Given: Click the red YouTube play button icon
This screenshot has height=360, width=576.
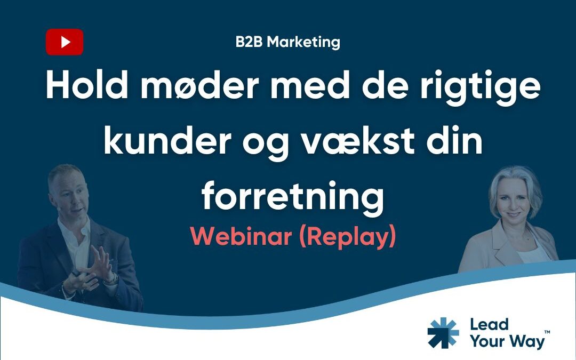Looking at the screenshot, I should (x=65, y=42).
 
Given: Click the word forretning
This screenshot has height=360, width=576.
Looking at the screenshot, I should (x=293, y=196).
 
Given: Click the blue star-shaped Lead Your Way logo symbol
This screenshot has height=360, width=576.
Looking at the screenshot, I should (x=443, y=333).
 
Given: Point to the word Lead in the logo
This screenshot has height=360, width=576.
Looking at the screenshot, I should (x=489, y=324).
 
